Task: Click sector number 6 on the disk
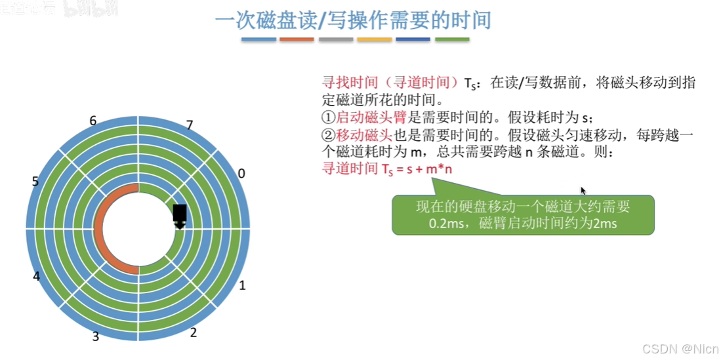93,121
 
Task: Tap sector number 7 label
189,125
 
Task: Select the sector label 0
241,173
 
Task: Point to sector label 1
242,285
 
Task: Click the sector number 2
193,333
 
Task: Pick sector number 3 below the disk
96,336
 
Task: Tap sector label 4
37,276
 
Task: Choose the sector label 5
35,181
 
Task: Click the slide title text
353,20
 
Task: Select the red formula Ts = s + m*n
388,169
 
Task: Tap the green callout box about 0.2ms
522,215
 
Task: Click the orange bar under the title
297,39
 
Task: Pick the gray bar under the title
335,39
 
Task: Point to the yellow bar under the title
375,39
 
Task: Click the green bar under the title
453,39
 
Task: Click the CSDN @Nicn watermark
680,348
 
